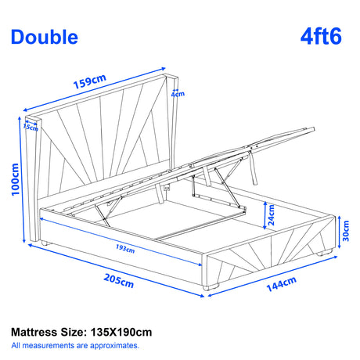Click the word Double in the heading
click(x=45, y=37)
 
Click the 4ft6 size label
click(x=320, y=36)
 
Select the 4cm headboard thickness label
click(x=180, y=95)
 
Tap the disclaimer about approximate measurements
click(x=77, y=345)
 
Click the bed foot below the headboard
click(x=49, y=243)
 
